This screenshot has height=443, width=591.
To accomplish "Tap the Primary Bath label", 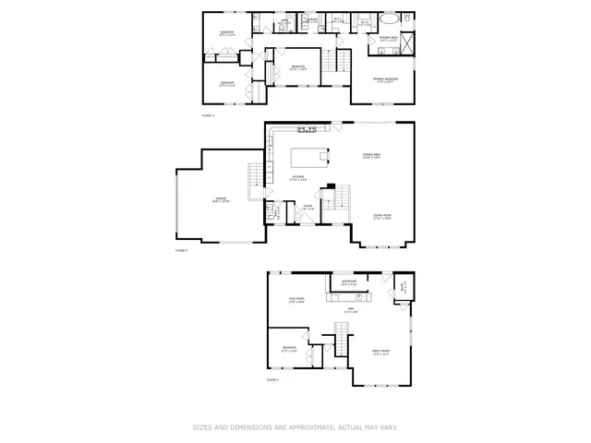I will [x=388, y=39].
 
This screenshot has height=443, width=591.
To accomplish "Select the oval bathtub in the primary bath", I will [x=388, y=18].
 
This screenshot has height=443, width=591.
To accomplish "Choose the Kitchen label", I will [x=299, y=177].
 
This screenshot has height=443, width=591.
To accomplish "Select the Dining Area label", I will [x=371, y=155].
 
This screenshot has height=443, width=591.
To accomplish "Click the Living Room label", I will [x=381, y=217].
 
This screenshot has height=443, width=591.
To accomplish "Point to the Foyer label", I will [x=308, y=209].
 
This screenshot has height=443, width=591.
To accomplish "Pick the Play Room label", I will [x=297, y=301].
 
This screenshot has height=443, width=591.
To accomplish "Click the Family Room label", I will [x=380, y=351].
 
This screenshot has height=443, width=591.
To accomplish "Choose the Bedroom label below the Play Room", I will [x=288, y=348].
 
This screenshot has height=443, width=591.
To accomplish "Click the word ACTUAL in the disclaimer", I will [x=344, y=427].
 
